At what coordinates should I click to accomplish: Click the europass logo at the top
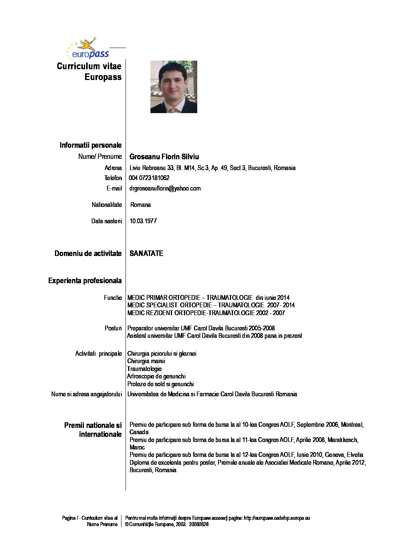pyautogui.click(x=88, y=49)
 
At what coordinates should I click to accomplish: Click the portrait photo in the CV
pyautogui.click(x=173, y=87)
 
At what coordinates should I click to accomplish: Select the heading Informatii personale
pyautogui.click(x=90, y=145)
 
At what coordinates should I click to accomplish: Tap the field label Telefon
pyautogui.click(x=113, y=178)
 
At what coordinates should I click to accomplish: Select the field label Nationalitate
pyautogui.click(x=107, y=205)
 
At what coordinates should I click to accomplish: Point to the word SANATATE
pyautogui.click(x=146, y=253)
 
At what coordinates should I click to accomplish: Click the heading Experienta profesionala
pyautogui.click(x=85, y=281)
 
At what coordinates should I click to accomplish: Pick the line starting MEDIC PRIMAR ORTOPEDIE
pyautogui.click(x=208, y=298)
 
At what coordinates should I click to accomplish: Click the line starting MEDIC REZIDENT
pyautogui.click(x=206, y=313)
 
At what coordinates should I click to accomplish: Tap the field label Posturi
pyautogui.click(x=113, y=328)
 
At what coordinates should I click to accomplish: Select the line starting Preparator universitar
pyautogui.click(x=201, y=328)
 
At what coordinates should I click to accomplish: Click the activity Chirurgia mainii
pyautogui.click(x=146, y=361)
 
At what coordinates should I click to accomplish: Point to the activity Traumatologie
pyautogui.click(x=144, y=369)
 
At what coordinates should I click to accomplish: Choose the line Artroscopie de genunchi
pyautogui.click(x=156, y=376)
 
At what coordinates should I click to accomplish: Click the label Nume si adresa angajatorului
pyautogui.click(x=86, y=394)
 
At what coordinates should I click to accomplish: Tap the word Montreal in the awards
pyautogui.click(x=352, y=425)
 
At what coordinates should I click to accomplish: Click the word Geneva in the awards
pyautogui.click(x=334, y=455)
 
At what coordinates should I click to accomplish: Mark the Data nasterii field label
pyautogui.click(x=106, y=221)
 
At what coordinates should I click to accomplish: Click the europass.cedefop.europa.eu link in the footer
pyautogui.click(x=277, y=518)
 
